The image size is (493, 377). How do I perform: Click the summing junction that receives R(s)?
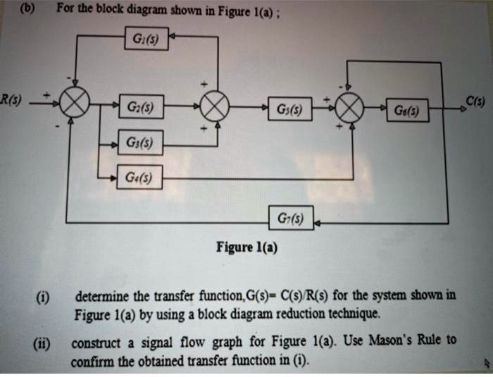tap(73, 106)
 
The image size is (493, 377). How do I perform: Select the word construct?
tap(96, 345)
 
